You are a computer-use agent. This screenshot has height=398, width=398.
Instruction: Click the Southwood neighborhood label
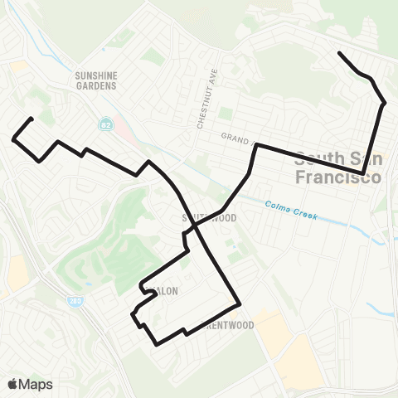click(209, 218)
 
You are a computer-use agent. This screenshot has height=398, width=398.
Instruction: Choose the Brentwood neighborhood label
click(205, 326)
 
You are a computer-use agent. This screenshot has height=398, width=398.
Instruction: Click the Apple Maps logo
click(30, 383)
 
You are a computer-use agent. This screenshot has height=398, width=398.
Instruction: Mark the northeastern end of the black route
click(339, 54)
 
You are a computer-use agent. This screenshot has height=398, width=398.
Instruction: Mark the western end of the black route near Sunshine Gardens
click(31, 119)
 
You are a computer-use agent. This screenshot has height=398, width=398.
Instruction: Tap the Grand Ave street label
click(237, 137)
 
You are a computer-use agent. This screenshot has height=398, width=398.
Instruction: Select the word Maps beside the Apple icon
click(36, 383)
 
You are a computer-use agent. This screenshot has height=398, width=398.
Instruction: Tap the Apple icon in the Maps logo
click(12, 383)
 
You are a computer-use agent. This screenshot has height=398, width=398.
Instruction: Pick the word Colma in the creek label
click(278, 206)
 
